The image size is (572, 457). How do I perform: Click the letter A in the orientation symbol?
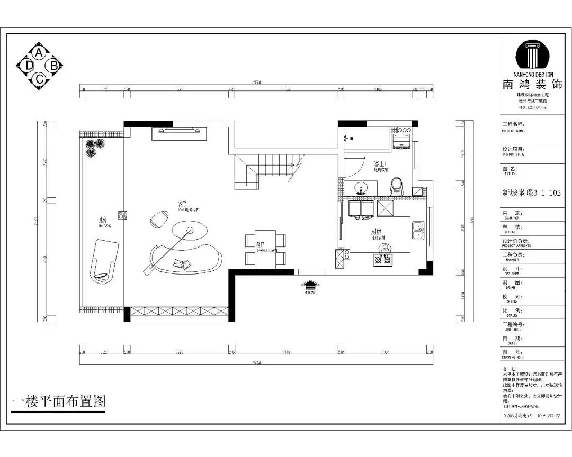pyautogui.click(x=39, y=53)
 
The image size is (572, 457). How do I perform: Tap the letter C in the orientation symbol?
pyautogui.click(x=39, y=79)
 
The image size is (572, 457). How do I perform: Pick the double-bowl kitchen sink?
pyautogui.click(x=418, y=230)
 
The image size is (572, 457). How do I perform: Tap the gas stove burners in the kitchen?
pyautogui.click(x=383, y=259)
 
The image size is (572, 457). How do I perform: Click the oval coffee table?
pyautogui.click(x=189, y=231)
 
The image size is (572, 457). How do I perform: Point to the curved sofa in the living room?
pyautogui.click(x=185, y=259)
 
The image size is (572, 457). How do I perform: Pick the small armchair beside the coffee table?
pyautogui.click(x=159, y=218)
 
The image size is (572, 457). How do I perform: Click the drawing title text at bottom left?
pyautogui.click(x=58, y=401)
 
